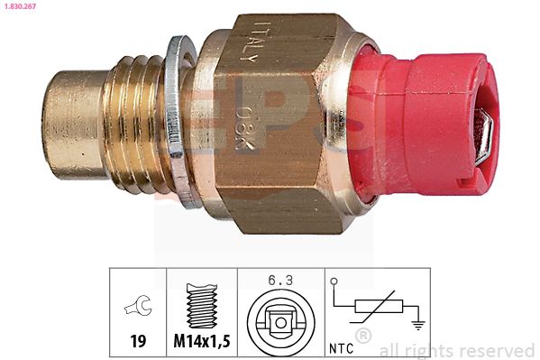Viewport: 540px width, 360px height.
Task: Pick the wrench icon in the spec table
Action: click(138, 309)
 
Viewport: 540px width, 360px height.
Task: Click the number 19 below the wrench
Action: click(138, 341)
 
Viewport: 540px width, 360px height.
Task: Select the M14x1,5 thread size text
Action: click(202, 341)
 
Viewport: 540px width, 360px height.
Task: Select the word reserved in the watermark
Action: click(496, 350)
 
